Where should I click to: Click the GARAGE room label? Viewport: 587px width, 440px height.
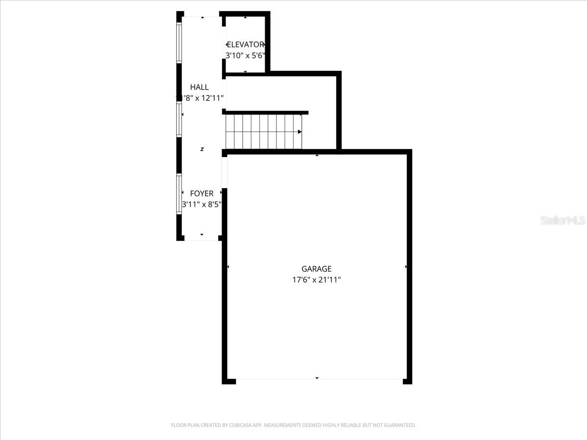pos(316,269)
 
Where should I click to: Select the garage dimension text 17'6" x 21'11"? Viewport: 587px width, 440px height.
pos(316,280)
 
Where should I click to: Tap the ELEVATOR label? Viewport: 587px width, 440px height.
pos(246,44)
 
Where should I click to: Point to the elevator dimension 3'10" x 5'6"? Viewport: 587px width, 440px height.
pos(245,56)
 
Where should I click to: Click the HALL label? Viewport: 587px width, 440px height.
pos(199,87)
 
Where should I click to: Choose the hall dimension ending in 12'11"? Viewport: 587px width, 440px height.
pos(201,98)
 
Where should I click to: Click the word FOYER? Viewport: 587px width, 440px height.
pos(202,194)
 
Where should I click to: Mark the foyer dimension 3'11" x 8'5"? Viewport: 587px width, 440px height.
pos(202,205)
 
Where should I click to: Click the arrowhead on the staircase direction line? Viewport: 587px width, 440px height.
pos(299,132)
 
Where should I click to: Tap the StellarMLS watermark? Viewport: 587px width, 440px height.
pos(563,220)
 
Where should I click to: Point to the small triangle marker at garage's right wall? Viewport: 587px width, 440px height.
pos(406,267)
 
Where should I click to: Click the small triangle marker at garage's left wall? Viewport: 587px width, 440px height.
pos(228,267)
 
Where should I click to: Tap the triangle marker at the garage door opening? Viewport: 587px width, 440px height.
pos(317,378)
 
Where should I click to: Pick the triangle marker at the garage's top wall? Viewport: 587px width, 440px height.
pos(317,155)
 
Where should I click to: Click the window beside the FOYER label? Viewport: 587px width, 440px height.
pos(179,194)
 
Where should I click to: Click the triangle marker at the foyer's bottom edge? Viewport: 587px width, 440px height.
pos(202,235)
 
